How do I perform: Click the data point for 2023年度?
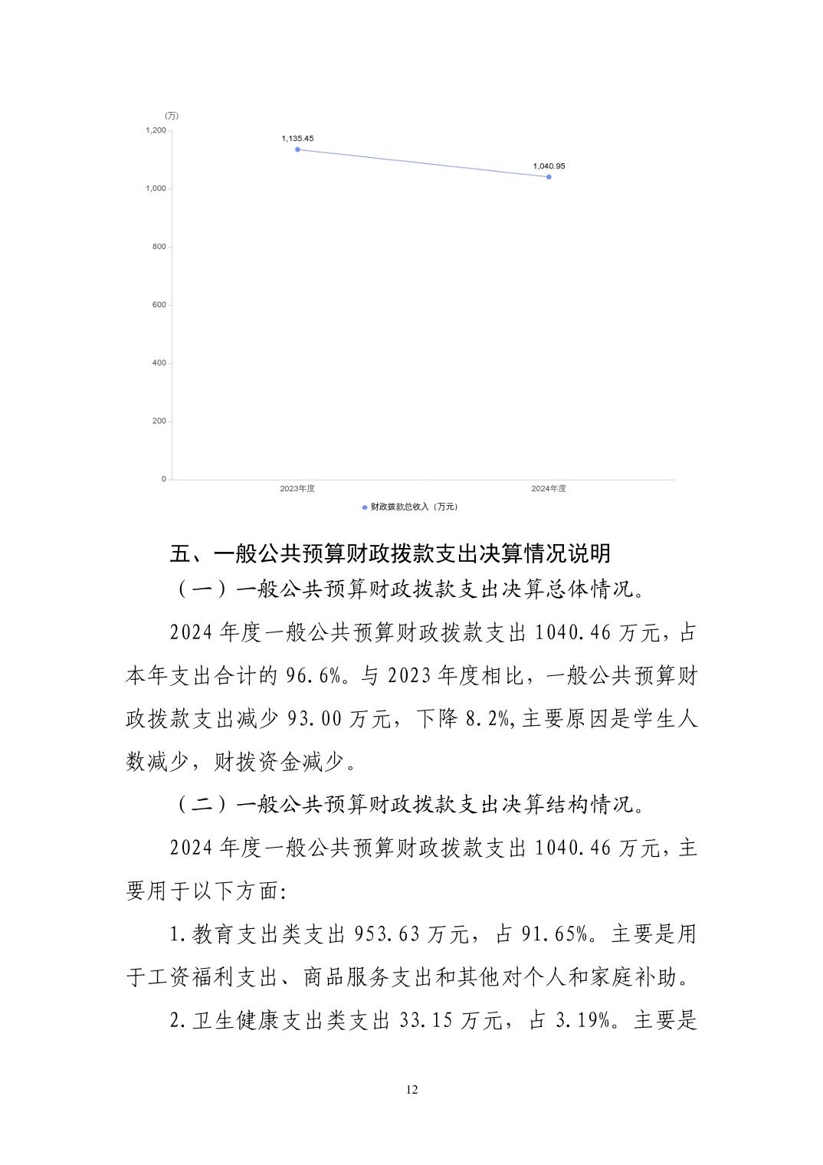(x=297, y=149)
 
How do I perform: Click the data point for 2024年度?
(x=549, y=177)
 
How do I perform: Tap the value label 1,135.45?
(x=297, y=139)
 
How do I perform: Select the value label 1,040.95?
(x=549, y=166)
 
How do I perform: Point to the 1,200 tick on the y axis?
(x=156, y=130)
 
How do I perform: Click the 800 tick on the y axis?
(x=159, y=247)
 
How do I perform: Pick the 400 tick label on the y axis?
(x=159, y=363)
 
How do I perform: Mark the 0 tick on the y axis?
(x=163, y=479)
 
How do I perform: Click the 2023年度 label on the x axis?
(x=297, y=489)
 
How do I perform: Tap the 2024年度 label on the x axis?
(x=549, y=489)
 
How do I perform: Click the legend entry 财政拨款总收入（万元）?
(x=414, y=507)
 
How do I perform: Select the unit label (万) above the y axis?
(x=172, y=116)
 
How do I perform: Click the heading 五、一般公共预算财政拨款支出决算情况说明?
(x=390, y=553)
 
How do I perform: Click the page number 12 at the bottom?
(x=412, y=1090)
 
